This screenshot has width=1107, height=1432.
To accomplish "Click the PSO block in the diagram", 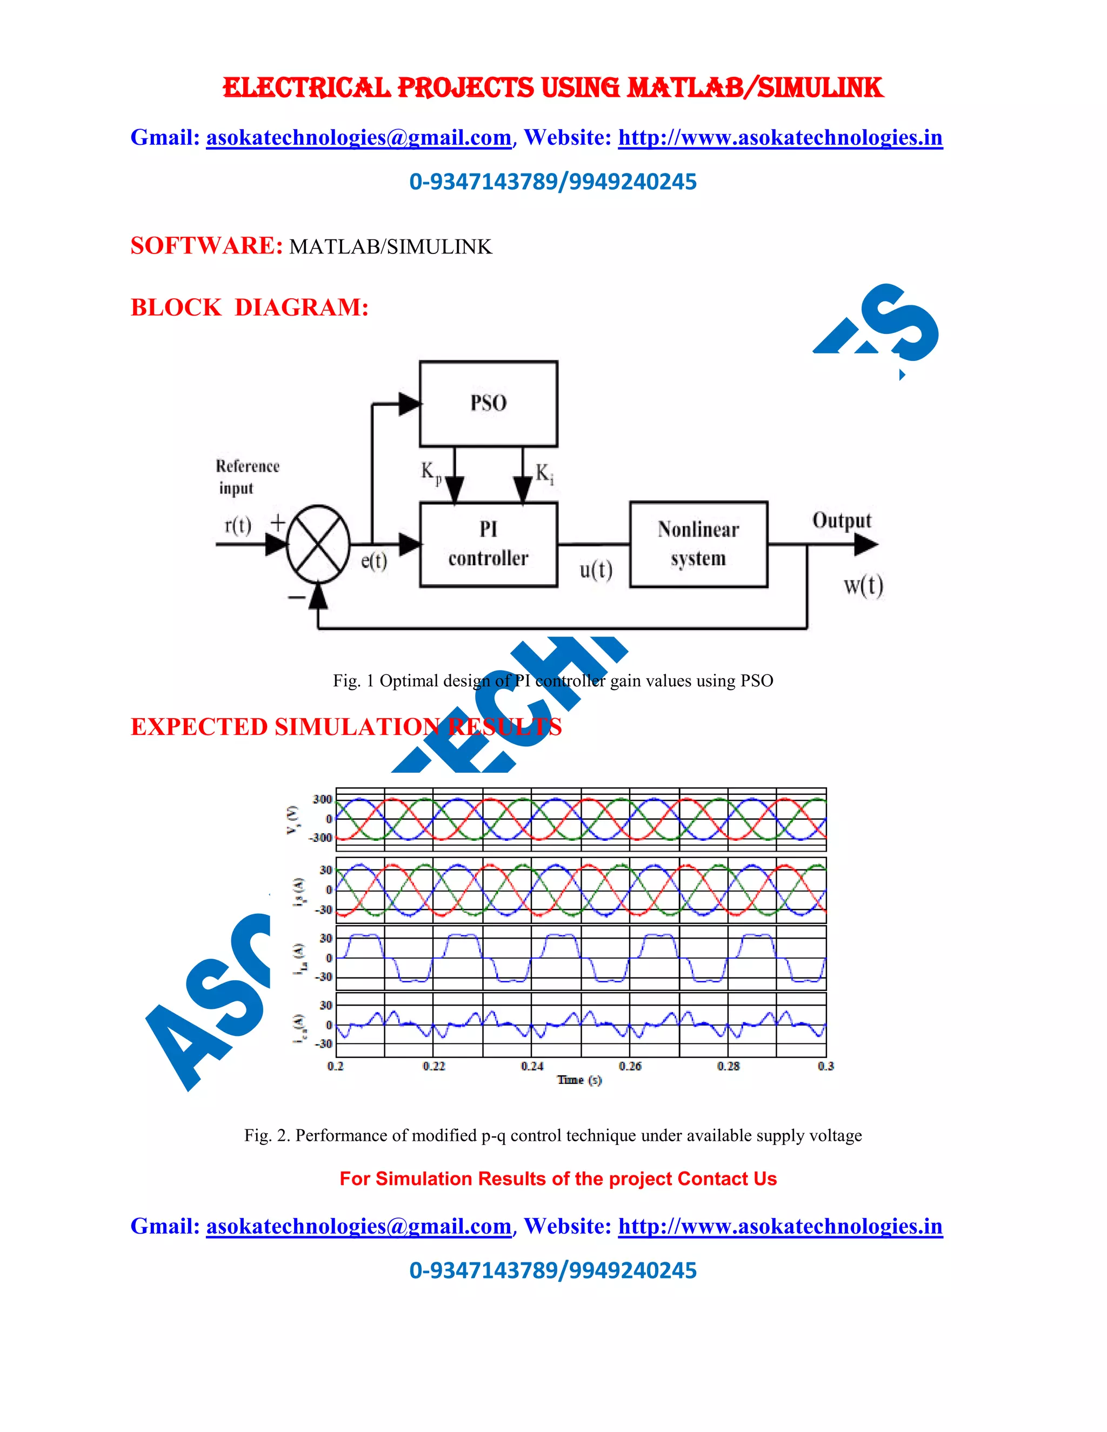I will point(489,403).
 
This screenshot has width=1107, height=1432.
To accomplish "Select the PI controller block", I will point(489,544).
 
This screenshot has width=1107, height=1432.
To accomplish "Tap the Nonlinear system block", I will point(698,544).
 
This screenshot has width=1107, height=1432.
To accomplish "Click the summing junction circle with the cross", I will point(318,544).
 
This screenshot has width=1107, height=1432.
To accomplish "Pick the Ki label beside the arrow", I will point(544,473).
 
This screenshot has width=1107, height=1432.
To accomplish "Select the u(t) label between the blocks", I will point(596,570).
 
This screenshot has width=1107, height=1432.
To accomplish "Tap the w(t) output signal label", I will point(863,585).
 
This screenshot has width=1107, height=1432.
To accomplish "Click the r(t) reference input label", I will point(237,525).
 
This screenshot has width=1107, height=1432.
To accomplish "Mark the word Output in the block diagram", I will point(842,520).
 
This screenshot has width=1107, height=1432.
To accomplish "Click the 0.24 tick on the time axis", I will point(532,1066).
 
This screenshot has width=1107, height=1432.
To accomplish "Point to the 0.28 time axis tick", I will point(728,1066).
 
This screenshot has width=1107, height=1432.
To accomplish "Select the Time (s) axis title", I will point(579,1080).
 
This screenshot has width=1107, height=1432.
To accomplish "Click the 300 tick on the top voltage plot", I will point(322,799).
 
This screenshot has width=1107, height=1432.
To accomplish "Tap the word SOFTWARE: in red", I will point(206,246).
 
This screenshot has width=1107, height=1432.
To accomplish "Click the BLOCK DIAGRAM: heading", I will point(249,307).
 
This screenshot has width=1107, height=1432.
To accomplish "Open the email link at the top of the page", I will point(359,138).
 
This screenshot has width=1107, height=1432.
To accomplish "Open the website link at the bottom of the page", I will point(780,1226).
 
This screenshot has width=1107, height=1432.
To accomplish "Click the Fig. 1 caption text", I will point(553,680).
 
